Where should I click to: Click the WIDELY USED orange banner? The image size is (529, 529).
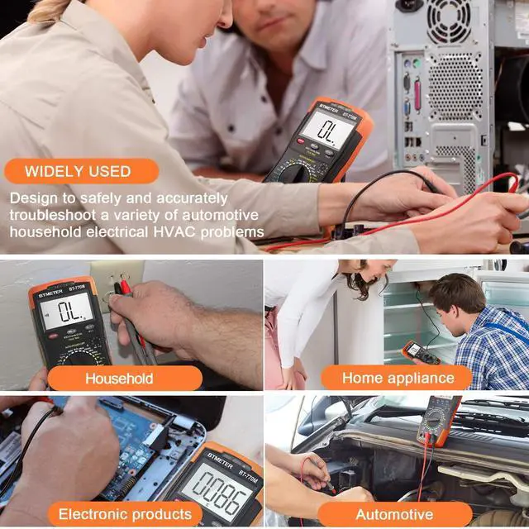[81, 171]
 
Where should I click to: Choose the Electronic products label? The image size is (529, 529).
[125, 514]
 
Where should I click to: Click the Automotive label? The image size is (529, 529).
[395, 514]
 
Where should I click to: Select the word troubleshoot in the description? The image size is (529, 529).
[53, 215]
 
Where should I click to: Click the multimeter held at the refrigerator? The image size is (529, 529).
[421, 353]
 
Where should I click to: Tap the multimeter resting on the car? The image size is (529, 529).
[439, 421]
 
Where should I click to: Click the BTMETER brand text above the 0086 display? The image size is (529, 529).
[220, 460]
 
